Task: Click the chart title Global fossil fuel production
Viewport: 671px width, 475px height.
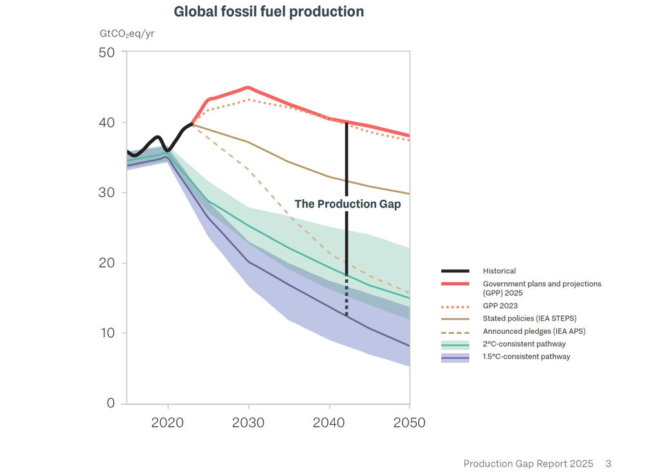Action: [x=268, y=12]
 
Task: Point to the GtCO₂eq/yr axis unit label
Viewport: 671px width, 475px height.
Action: [x=126, y=34]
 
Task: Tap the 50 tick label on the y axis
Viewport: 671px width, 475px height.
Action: [x=106, y=52]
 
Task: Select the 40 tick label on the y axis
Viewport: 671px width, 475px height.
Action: [x=106, y=122]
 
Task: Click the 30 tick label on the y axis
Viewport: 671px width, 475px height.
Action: [x=106, y=193]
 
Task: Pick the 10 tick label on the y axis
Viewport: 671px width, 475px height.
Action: [x=106, y=333]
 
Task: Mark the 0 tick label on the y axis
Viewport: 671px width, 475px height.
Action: [x=110, y=403]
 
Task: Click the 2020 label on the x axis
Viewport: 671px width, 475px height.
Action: [x=168, y=423]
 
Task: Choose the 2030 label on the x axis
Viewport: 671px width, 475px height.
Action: [x=248, y=423]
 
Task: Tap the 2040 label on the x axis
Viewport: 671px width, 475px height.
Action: [x=329, y=423]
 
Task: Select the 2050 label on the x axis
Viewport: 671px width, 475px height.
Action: [x=409, y=423]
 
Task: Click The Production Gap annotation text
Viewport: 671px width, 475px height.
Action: [x=348, y=204]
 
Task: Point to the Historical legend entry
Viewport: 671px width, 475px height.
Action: [x=499, y=271]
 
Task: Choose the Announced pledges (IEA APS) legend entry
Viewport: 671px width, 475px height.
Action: [x=534, y=331]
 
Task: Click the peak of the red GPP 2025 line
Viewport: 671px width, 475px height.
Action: [x=248, y=87]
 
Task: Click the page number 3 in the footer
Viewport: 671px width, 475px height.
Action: [x=608, y=463]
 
